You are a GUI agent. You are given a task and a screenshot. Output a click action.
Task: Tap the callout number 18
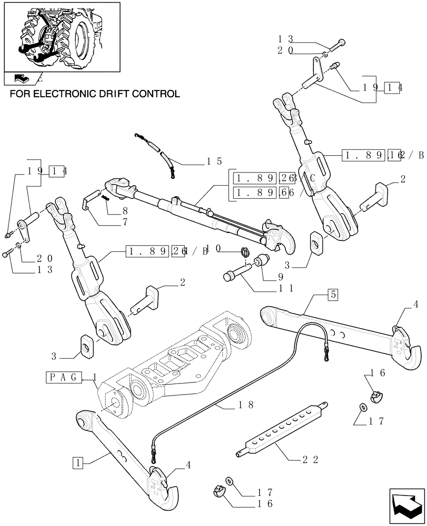tap(245, 404)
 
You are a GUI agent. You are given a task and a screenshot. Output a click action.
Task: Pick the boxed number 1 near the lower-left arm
tap(78, 463)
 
